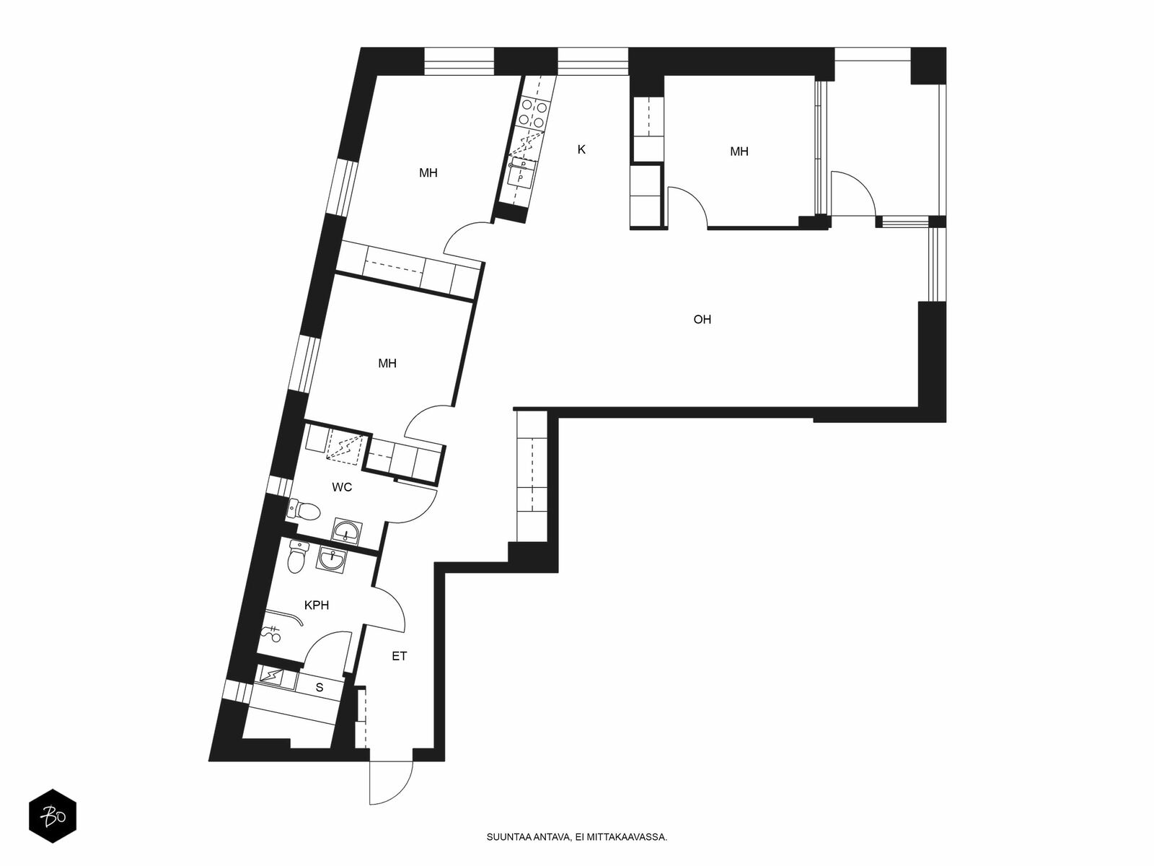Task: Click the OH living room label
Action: (x=702, y=319)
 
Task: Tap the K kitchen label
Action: (x=581, y=149)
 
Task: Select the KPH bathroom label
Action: (x=317, y=605)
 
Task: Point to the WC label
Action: (x=342, y=487)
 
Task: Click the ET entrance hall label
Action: (x=399, y=656)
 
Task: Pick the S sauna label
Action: (x=319, y=687)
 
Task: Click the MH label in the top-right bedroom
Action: (x=739, y=152)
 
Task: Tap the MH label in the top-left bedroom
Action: (x=428, y=172)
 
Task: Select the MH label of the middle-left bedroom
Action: (x=387, y=363)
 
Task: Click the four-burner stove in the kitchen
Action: (x=532, y=113)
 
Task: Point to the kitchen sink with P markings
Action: (x=521, y=172)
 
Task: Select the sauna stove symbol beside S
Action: (x=270, y=676)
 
